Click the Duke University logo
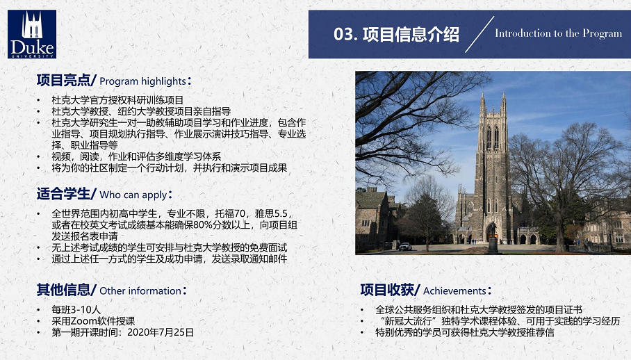[x=32, y=34]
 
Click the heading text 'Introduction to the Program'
[x=559, y=33]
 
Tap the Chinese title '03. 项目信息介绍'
[x=396, y=34]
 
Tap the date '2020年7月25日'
[x=161, y=332]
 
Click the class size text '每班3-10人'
[x=76, y=310]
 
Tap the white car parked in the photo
[x=405, y=246]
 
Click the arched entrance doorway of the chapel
[x=491, y=233]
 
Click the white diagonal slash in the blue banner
[x=480, y=35]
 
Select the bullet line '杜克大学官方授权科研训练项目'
[x=117, y=100]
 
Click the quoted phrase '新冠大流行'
[x=408, y=321]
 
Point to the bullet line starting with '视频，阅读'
[x=136, y=156]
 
